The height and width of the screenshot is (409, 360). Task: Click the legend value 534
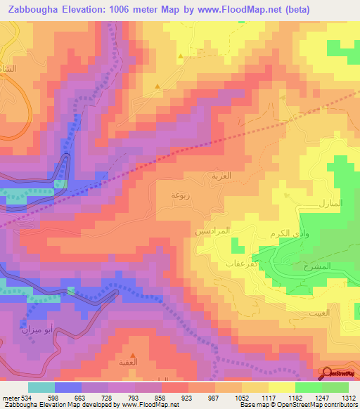pyautogui.click(x=27, y=397)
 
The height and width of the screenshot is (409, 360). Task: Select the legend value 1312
pyautogui.click(x=349, y=397)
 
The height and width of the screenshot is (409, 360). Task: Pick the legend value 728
pyautogui.click(x=108, y=397)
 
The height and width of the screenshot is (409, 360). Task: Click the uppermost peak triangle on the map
pyautogui.click(x=181, y=55)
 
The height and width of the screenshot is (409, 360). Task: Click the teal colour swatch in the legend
pyautogui.click(x=41, y=387)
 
